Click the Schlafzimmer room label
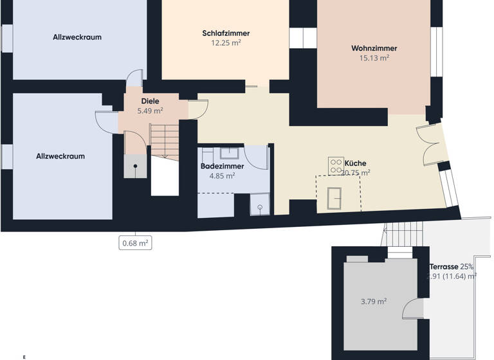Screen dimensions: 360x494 pos(225,33)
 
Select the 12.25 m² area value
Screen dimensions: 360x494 pos(225,43)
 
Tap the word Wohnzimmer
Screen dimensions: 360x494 pos(374,48)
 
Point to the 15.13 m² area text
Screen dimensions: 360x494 pos(374,58)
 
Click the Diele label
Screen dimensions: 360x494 pos(150,101)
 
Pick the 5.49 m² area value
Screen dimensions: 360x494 pos(150,111)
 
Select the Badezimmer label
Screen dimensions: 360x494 pos(221,165)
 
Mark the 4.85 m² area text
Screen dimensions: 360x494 pos(221,175)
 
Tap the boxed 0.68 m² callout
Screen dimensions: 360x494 pos(136,242)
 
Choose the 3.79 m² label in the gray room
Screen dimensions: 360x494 pos(373,301)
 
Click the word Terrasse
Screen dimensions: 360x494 pos(444,266)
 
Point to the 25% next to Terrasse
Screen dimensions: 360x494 pos(467,266)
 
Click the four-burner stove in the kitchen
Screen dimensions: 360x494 pos(336,165)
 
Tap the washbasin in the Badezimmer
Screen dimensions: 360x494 pos(228,153)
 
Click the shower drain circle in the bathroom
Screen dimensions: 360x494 pos(260,208)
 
